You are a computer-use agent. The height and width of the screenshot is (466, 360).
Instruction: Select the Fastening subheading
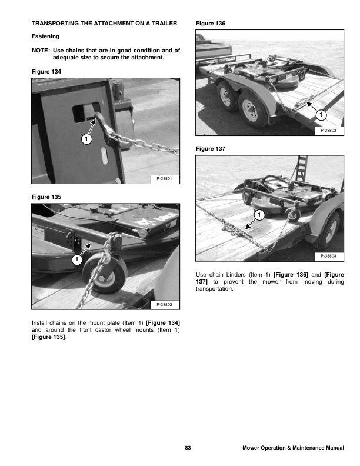tap(45, 36)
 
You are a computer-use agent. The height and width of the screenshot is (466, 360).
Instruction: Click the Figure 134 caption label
tap(46, 71)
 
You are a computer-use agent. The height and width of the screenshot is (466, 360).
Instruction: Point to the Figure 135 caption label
tap(46, 195)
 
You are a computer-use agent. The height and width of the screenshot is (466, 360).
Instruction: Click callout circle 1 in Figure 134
tap(86, 139)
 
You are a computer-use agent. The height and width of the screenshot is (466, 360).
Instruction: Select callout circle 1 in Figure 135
tap(76, 259)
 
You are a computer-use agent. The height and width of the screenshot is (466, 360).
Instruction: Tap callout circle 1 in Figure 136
tap(321, 114)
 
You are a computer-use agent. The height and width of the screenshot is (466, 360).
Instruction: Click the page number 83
tap(188, 448)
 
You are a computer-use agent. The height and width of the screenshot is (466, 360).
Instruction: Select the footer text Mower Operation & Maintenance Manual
tap(293, 448)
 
